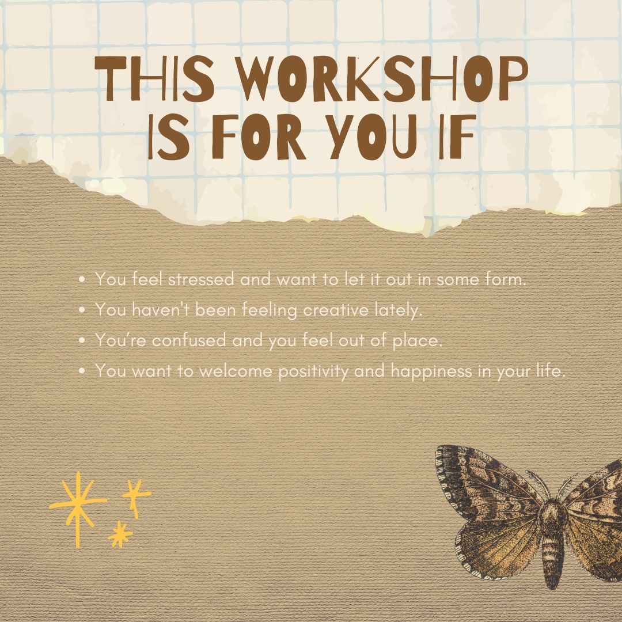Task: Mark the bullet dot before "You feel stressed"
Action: point(82,280)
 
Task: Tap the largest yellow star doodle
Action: point(77,505)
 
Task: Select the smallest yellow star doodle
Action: point(120,534)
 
